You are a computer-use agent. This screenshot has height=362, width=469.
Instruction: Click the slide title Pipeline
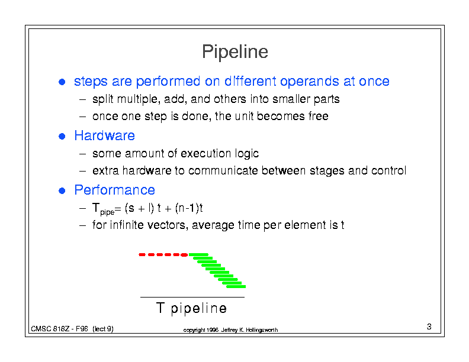[235, 51]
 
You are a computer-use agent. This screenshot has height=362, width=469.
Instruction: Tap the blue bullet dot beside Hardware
[62, 136]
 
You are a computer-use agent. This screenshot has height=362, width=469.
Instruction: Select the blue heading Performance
[114, 190]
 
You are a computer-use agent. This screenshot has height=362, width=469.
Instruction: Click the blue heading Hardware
[104, 135]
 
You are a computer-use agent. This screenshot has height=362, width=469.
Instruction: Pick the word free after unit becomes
[318, 116]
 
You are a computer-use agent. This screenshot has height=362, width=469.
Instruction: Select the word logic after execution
[247, 154]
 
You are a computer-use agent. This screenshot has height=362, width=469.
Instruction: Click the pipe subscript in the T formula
[107, 212]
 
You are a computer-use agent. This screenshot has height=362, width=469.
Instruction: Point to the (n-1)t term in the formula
[189, 208]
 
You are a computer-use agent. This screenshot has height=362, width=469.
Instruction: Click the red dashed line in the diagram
[163, 255]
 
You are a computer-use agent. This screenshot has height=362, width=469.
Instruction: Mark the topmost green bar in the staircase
[198, 254]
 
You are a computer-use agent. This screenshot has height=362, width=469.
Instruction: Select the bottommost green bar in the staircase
[236, 287]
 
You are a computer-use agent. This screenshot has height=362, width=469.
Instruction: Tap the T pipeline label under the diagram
[191, 308]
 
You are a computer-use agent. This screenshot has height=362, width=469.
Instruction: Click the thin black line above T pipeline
[192, 297]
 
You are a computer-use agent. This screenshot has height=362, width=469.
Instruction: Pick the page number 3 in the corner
[429, 327]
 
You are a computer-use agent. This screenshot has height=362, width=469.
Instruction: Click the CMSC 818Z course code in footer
[50, 329]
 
